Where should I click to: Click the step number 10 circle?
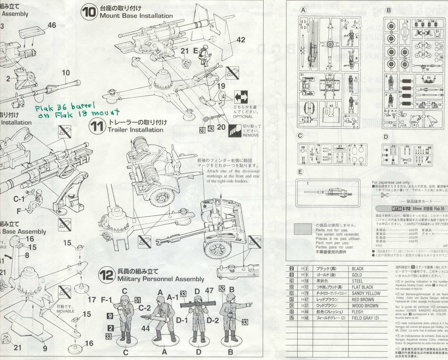[90, 13]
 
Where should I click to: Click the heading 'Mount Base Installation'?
[136, 16]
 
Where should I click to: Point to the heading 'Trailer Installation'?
[136, 130]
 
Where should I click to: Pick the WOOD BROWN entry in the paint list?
[365, 306]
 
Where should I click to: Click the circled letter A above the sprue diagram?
[303, 10]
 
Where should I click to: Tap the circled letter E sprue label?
[300, 172]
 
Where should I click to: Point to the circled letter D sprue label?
[386, 137]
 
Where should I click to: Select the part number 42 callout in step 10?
[240, 40]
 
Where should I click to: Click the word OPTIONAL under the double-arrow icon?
[243, 116]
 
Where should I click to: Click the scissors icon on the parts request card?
[385, 195]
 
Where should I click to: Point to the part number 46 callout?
[52, 25]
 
